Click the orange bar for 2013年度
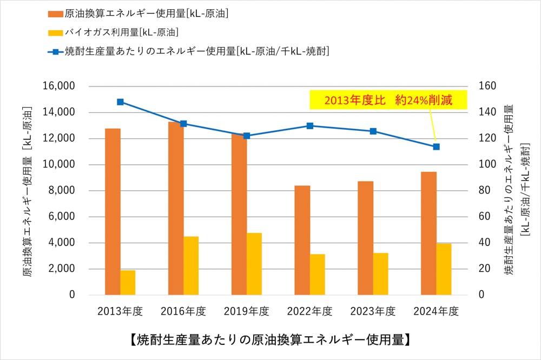pyautogui.click(x=113, y=211)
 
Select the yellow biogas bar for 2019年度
pyautogui.click(x=254, y=264)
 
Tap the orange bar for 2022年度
pyautogui.click(x=302, y=240)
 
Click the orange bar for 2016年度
pyautogui.click(x=176, y=208)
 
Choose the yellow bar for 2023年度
pyautogui.click(x=380, y=274)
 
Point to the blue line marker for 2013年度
pyautogui.click(x=120, y=102)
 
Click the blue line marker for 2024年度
pyautogui.click(x=436, y=146)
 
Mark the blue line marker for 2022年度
pyautogui.click(x=310, y=125)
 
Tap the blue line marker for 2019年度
pyautogui.click(x=247, y=136)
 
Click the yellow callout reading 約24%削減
pyautogui.click(x=388, y=100)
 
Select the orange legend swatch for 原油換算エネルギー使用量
pyautogui.click(x=55, y=14)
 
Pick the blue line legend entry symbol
pyautogui.click(x=55, y=52)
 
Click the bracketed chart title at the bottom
pyautogui.click(x=270, y=340)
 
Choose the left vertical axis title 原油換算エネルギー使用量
pyautogui.click(x=28, y=192)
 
